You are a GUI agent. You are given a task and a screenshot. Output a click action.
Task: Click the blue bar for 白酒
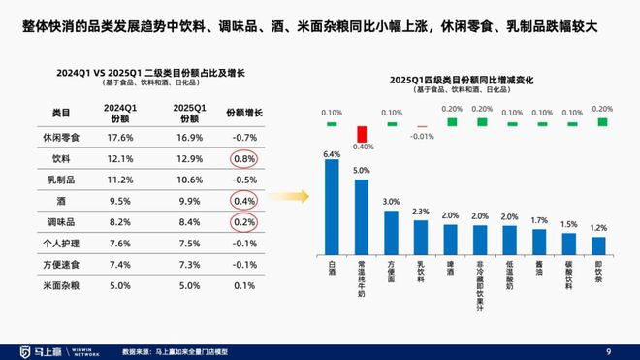332,207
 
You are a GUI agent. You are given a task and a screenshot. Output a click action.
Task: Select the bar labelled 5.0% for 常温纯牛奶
362,214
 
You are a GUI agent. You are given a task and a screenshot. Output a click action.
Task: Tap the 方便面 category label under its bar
391,271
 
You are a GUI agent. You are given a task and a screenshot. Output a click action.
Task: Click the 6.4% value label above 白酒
332,154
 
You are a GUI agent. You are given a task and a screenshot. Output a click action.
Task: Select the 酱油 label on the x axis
539,267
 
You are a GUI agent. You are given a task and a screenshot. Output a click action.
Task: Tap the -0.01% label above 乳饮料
421,137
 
